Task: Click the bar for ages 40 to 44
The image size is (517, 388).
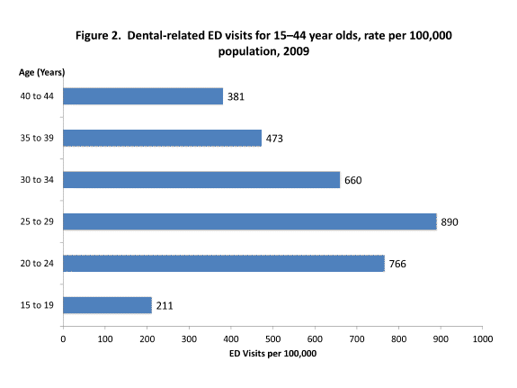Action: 143,96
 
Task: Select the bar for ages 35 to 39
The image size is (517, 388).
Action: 162,138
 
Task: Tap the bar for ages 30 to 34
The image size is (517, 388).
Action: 201,180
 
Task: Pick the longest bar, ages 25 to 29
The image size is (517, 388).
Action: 250,221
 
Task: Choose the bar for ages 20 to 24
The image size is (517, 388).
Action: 224,263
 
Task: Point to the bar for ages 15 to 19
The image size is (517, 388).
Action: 107,305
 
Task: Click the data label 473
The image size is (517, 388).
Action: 276,139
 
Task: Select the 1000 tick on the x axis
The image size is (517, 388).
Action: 483,339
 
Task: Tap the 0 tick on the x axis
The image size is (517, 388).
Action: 63,339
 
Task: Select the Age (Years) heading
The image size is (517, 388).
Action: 41,71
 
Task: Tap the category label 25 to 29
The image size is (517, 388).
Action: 36,221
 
